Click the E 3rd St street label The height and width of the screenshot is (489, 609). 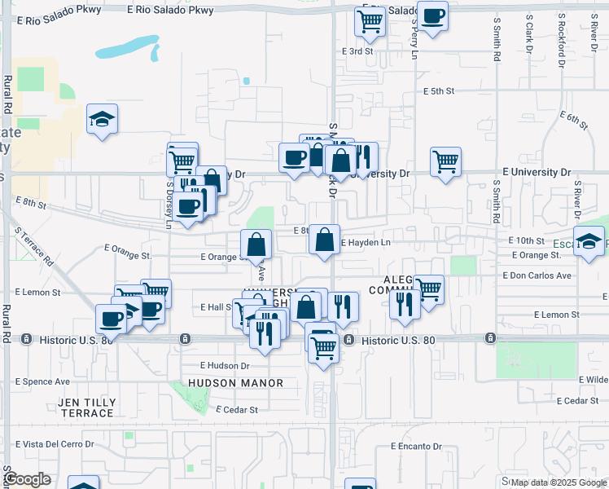pyautogui.click(x=356, y=51)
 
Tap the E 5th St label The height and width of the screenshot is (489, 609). pyautogui.click(x=438, y=91)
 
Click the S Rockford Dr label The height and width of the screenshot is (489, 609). pyautogui.click(x=561, y=41)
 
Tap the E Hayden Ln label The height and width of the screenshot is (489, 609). pyautogui.click(x=366, y=243)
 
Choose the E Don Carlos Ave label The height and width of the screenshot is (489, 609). pyautogui.click(x=537, y=275)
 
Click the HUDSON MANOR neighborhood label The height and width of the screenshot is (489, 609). pyautogui.click(x=235, y=383)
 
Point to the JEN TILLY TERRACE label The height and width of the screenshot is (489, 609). pyautogui.click(x=86, y=408)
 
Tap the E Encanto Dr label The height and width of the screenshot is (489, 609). pyautogui.click(x=415, y=447)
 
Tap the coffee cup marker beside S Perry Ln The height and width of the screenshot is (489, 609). pyautogui.click(x=432, y=15)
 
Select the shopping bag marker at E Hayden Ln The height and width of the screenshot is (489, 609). pyautogui.click(x=324, y=240)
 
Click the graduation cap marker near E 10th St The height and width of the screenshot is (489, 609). pyautogui.click(x=589, y=241)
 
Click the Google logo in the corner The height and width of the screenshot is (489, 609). pyautogui.click(x=28, y=479)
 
